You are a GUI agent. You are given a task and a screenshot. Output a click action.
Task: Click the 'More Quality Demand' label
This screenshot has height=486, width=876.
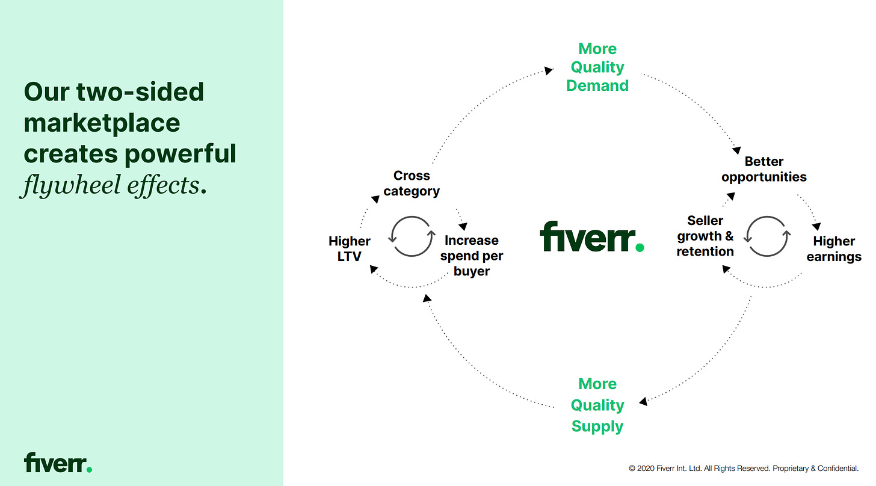[x=597, y=67]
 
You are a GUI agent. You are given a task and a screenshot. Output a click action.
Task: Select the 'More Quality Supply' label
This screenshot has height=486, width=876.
[x=597, y=405]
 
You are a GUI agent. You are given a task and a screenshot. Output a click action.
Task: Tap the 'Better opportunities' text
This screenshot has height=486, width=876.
[x=763, y=169]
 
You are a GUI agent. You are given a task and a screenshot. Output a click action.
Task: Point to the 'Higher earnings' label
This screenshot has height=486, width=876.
[x=833, y=248]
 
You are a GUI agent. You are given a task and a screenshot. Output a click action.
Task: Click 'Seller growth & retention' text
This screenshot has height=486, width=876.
[x=705, y=236]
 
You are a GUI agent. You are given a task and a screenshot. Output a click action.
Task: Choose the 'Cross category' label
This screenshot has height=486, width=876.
[x=412, y=183]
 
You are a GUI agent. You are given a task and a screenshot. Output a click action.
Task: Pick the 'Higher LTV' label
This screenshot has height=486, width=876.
[x=349, y=248]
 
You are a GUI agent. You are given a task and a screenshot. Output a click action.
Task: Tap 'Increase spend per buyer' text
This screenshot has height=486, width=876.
[x=472, y=256]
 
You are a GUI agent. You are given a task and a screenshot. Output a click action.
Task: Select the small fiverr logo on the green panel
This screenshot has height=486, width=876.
[x=58, y=463]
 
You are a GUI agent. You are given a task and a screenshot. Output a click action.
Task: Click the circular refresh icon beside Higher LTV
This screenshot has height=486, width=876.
[x=412, y=236]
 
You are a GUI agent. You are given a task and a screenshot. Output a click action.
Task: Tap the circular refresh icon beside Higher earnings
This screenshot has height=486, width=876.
[x=766, y=236]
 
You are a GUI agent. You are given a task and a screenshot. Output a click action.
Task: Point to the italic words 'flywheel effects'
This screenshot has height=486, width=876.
[x=111, y=185]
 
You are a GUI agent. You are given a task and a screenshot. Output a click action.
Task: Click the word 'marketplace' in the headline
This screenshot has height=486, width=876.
[x=102, y=123]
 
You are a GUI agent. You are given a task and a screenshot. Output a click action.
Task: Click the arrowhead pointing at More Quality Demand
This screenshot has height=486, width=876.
[x=548, y=70]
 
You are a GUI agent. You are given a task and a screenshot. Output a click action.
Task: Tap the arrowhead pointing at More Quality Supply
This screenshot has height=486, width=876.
[x=643, y=401]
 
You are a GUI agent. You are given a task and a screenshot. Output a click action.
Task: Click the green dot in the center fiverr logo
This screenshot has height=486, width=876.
[x=639, y=247]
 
